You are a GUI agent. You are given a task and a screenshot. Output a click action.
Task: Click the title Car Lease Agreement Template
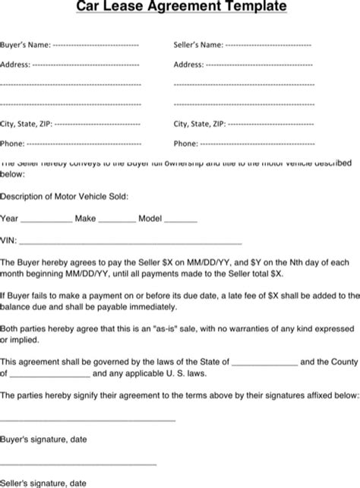pos(180,8)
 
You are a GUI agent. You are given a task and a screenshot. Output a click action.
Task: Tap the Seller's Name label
pos(199,45)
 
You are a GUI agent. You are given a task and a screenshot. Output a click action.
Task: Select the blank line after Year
pos(46,220)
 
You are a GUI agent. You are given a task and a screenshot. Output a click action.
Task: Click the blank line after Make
pos(117,220)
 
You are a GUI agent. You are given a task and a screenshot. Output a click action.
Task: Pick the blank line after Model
pos(181,220)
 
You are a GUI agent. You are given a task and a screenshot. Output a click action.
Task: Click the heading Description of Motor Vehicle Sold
pos(65,196)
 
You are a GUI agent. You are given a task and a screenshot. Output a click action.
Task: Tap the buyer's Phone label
pos(13,143)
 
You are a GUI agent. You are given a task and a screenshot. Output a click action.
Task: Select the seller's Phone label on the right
pos(186,143)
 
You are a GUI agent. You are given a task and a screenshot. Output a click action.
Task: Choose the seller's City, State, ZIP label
pos(200,123)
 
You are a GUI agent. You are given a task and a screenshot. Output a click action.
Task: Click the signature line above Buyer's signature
pos(88,420)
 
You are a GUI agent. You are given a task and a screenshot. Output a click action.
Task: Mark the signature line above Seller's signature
pos(78,464)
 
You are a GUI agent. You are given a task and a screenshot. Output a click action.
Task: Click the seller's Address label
pos(189,65)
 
